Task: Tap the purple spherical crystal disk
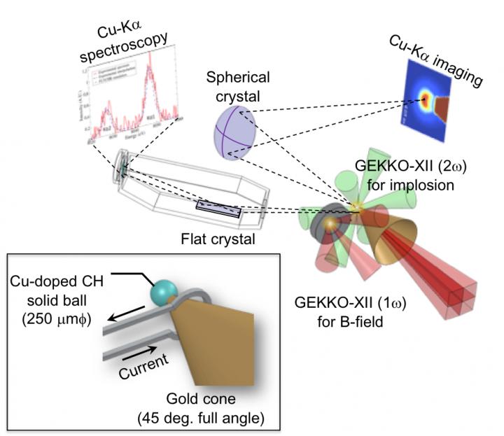coord(237,131)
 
